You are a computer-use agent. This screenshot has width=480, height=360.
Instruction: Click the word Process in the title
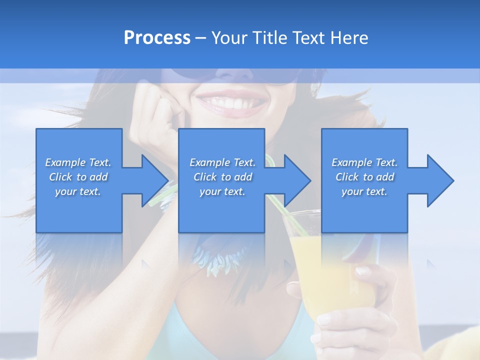pos(157,38)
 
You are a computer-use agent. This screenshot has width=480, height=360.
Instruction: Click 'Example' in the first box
pos(65,162)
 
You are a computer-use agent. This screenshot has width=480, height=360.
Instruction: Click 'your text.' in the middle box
pos(222,191)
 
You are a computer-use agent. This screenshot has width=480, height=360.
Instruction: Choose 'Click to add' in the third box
pos(364,177)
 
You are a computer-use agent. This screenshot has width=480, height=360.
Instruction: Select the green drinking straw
pos(280,195)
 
